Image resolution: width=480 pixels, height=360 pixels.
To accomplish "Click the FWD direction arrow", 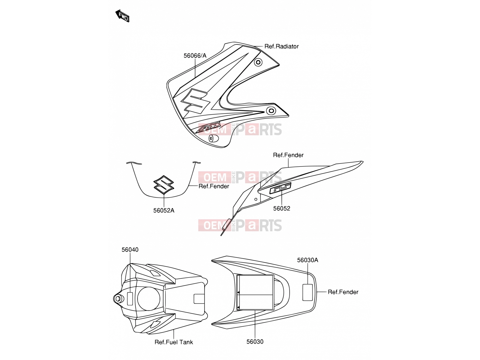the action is coord(122,16).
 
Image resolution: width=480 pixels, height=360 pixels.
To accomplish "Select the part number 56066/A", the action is coord(195,56).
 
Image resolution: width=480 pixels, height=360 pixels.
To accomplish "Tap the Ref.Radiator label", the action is coord(281,46).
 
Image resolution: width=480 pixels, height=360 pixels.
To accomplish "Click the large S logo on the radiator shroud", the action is coord(194,101).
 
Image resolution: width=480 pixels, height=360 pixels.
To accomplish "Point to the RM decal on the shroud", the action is coord(209,127).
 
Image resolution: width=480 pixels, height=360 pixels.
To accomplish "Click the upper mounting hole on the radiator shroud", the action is coord(258,62).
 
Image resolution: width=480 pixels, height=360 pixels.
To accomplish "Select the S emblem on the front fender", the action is coord(164,184).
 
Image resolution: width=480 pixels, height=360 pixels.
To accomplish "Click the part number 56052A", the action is coord(164,210).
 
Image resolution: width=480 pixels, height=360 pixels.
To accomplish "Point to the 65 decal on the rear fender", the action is coord(280,188).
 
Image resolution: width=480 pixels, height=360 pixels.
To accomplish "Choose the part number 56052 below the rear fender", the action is coord(282,208).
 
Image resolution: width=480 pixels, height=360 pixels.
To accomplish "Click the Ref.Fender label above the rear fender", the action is coord(288,155).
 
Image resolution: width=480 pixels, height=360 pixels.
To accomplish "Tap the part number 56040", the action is coord(130,250).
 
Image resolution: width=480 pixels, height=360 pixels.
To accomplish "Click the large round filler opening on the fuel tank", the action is coord(148,298).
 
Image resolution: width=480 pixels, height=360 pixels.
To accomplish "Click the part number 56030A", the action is coord(307,260).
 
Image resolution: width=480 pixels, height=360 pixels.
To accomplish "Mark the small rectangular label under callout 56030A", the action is coord(307,292).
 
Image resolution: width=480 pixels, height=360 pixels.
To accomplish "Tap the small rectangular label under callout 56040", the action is coord(130,298).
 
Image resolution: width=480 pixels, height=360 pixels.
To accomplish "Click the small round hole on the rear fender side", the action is coord(256,199).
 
